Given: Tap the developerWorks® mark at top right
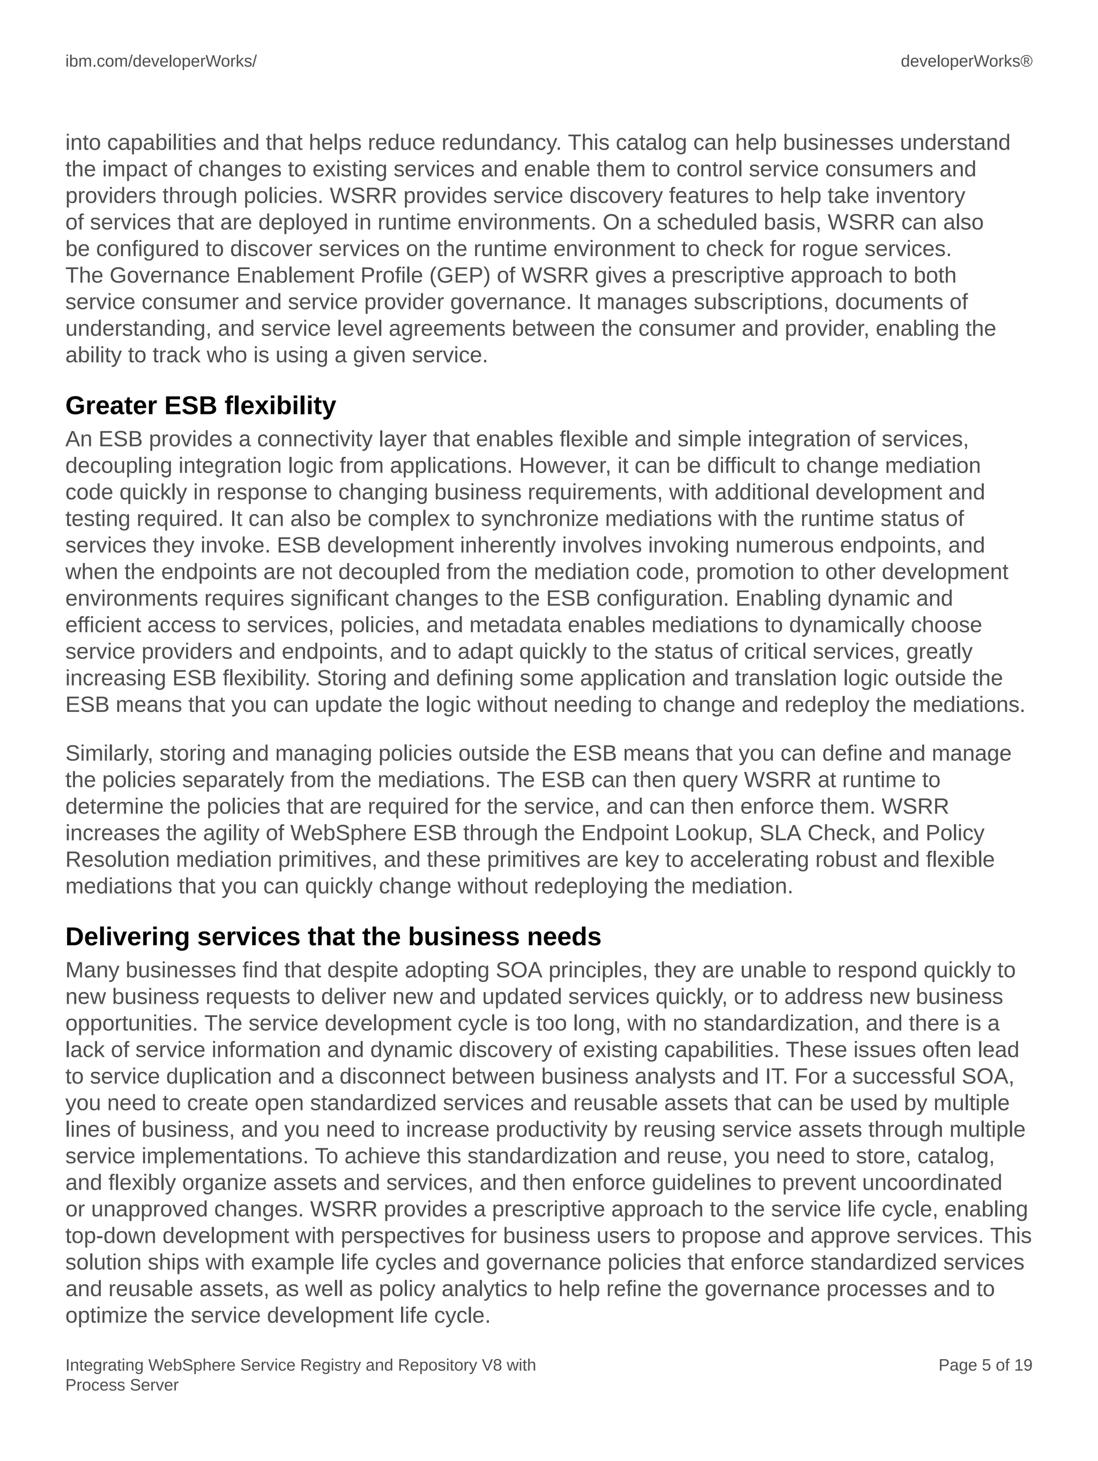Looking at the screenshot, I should pos(966,62).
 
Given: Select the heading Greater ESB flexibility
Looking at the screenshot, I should pos(200,405).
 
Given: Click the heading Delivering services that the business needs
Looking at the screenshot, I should pos(333,937).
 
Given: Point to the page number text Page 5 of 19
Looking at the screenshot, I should pos(984,1365).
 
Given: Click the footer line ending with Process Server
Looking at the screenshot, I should pos(122,1385).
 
